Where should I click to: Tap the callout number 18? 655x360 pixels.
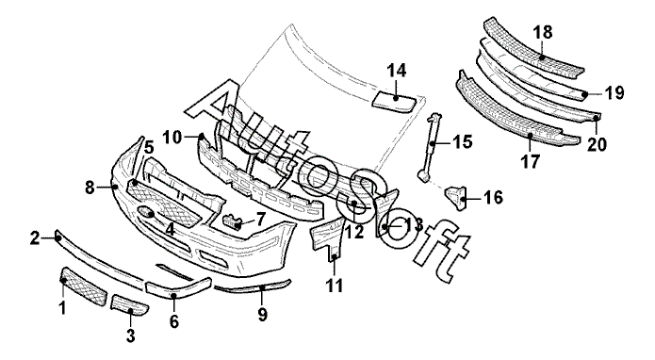tap(543, 32)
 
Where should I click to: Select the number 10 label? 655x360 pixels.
tap(173, 137)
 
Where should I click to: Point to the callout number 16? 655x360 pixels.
tap(493, 198)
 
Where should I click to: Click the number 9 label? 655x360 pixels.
tap(262, 315)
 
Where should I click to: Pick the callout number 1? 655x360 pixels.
tap(62, 308)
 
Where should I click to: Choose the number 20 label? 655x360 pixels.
tap(597, 144)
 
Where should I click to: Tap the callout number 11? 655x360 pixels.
tap(335, 286)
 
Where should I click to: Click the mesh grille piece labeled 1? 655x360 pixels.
tap(84, 286)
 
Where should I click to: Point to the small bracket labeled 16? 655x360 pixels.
tap(455, 198)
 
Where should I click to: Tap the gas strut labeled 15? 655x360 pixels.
tap(431, 147)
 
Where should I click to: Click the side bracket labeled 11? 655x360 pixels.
tap(327, 240)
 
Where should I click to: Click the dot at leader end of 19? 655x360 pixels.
tap(585, 95)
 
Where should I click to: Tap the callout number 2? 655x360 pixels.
tap(35, 238)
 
